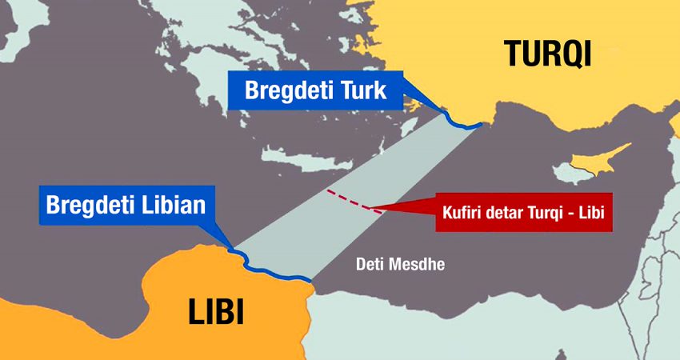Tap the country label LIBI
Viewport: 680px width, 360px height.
[x=215, y=312]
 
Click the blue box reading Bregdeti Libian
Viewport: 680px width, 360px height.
[x=126, y=206]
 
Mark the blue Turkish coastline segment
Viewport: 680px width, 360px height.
[x=460, y=121]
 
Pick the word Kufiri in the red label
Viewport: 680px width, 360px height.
[x=462, y=214]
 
